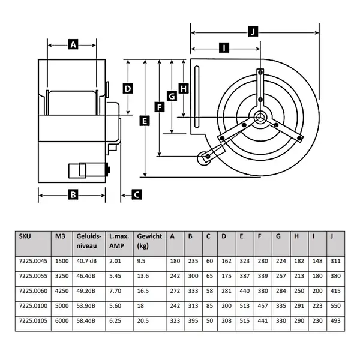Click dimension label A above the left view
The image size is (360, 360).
tap(73, 44)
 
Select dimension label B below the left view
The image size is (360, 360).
tap(73, 194)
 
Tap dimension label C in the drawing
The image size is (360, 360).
tap(137, 194)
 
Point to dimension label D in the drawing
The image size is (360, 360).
tap(128, 88)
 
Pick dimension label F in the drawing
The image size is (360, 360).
tap(159, 107)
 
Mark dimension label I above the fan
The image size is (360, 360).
tap(224, 48)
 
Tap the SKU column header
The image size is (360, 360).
tap(25, 236)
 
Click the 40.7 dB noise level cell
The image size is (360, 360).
tap(88, 261)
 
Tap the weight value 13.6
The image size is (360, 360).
tap(143, 277)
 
